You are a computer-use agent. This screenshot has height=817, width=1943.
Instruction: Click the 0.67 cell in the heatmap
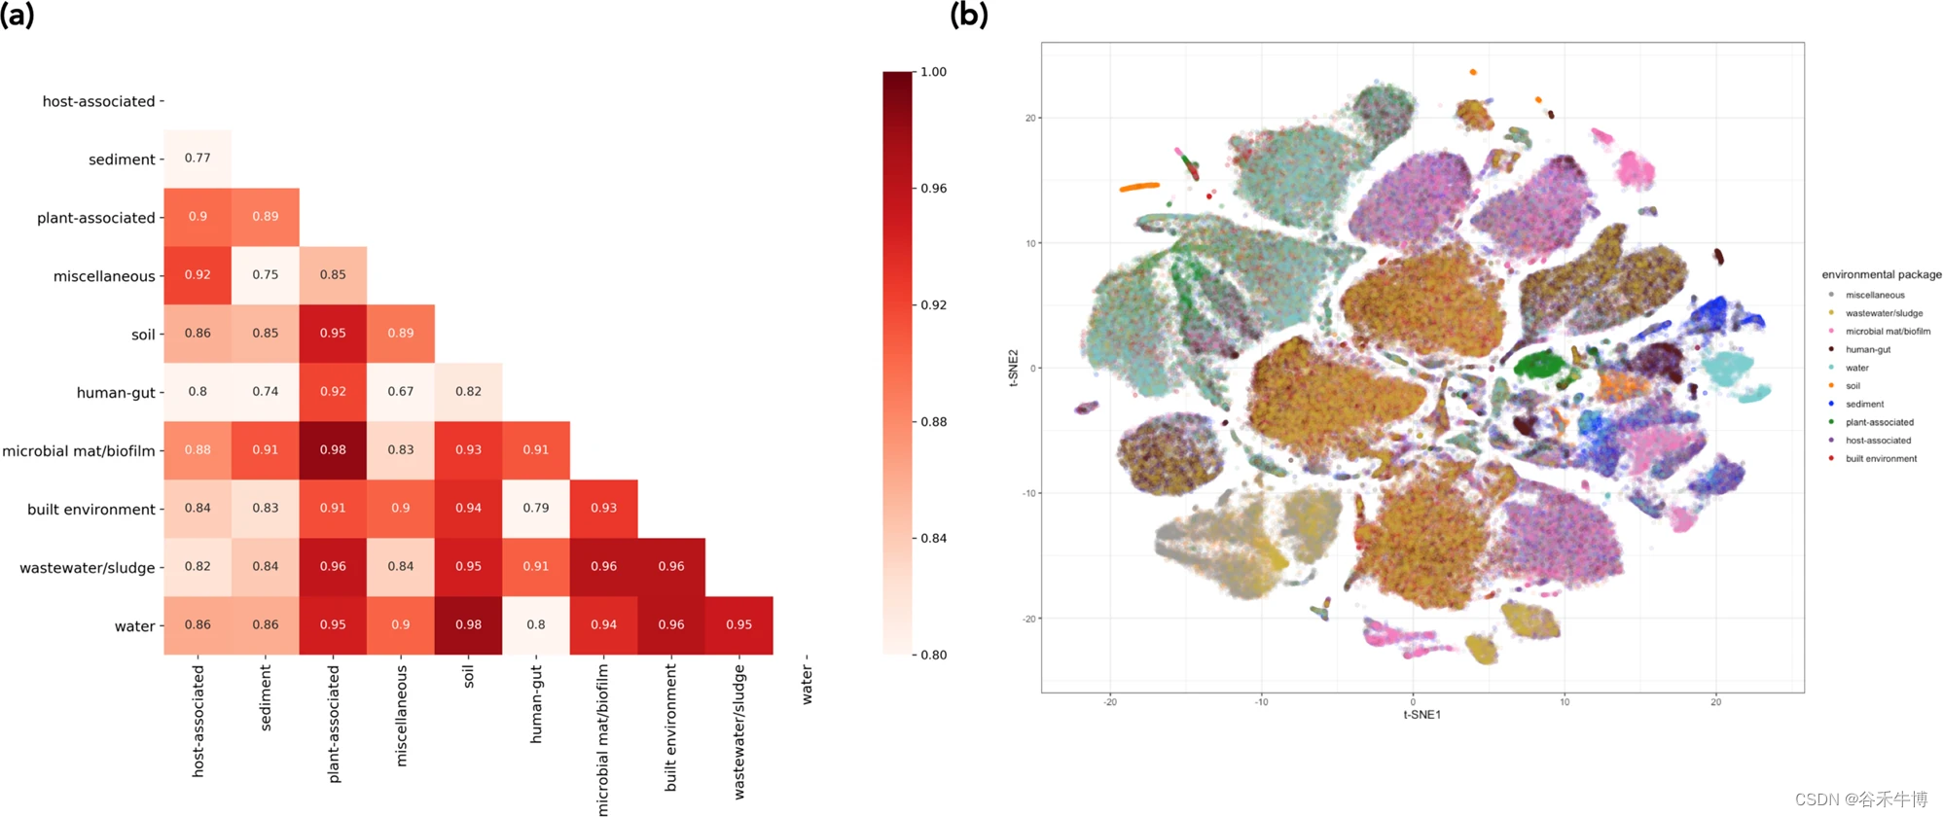pyautogui.click(x=401, y=392)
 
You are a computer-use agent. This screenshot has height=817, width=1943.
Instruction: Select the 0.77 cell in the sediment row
pyautogui.click(x=198, y=159)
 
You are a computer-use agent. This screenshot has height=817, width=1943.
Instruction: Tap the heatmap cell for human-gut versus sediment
pyautogui.click(x=266, y=392)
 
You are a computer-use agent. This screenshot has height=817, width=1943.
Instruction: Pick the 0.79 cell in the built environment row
pyautogui.click(x=536, y=509)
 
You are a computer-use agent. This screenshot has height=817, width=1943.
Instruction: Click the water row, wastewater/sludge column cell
pyautogui.click(x=739, y=625)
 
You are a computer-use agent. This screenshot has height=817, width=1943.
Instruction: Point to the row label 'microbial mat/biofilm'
pyautogui.click(x=79, y=451)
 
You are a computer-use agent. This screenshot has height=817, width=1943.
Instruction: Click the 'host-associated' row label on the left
pyautogui.click(x=98, y=101)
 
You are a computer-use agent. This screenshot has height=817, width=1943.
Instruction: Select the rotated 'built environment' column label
pyautogui.click(x=670, y=728)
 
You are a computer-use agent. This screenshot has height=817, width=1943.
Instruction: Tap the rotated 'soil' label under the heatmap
pyautogui.click(x=468, y=676)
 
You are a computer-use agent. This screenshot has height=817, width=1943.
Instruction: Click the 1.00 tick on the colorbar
pyautogui.click(x=933, y=72)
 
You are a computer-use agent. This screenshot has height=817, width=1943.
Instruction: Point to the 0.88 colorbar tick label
pyautogui.click(x=933, y=422)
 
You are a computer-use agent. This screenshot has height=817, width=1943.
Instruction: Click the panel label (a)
pyautogui.click(x=18, y=15)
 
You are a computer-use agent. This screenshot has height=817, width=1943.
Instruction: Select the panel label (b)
pyautogui.click(x=968, y=15)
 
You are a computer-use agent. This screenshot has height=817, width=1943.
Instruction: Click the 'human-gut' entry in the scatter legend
pyautogui.click(x=1867, y=350)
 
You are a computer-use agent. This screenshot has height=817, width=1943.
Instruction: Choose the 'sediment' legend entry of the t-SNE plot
pyautogui.click(x=1864, y=405)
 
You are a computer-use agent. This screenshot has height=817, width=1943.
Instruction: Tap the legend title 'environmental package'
pyautogui.click(x=1881, y=275)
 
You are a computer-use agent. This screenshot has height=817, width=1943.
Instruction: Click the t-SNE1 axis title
pyautogui.click(x=1421, y=715)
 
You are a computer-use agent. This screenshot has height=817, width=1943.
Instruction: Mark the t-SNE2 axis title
pyautogui.click(x=1013, y=368)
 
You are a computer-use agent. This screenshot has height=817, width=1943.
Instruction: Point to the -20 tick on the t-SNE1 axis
pyautogui.click(x=1110, y=702)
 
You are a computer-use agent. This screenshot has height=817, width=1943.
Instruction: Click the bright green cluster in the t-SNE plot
pyautogui.click(x=1538, y=367)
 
